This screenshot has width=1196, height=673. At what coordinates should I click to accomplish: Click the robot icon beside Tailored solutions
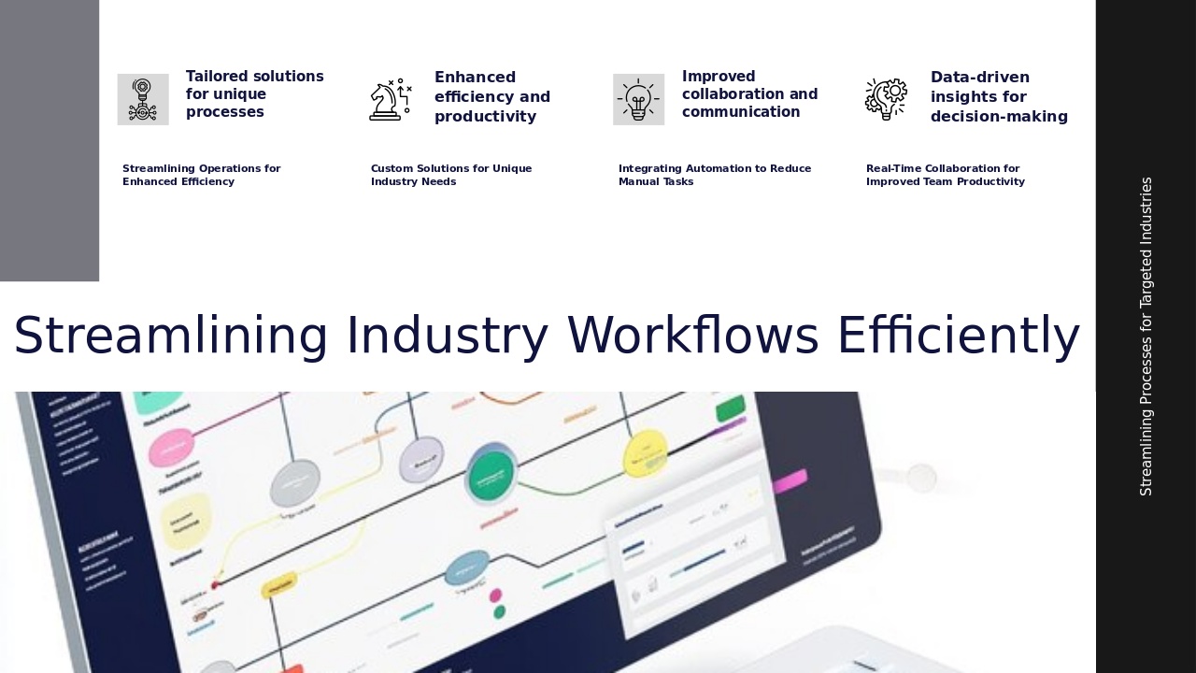[x=142, y=99]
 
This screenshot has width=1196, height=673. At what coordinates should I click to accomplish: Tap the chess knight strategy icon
[x=390, y=99]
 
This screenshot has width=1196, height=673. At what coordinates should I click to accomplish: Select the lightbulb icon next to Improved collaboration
[x=638, y=99]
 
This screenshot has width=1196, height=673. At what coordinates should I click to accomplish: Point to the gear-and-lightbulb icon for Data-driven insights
[x=886, y=99]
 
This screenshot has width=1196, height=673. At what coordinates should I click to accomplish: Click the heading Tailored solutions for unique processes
[x=254, y=94]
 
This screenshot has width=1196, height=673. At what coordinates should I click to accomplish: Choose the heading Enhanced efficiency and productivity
[x=491, y=96]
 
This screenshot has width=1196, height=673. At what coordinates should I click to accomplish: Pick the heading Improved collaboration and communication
[x=749, y=94]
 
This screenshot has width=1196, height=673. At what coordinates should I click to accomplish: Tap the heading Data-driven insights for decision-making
[x=998, y=96]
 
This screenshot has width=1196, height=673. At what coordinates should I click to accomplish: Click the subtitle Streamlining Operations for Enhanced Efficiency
[x=201, y=175]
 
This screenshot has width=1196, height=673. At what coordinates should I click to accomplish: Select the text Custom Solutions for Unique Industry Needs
[x=450, y=175]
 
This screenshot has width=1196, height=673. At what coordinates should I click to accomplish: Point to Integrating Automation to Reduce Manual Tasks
[x=714, y=175]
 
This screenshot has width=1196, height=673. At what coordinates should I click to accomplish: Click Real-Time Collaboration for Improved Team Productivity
[x=945, y=175]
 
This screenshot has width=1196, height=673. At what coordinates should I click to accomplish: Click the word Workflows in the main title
[x=692, y=336]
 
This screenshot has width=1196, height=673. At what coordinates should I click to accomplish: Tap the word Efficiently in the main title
[x=958, y=336]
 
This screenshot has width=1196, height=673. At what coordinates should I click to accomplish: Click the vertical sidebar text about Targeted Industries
[x=1146, y=336]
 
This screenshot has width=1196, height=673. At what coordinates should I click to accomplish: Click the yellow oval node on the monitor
[x=645, y=452]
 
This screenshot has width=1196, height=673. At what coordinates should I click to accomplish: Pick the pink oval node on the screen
[x=171, y=447]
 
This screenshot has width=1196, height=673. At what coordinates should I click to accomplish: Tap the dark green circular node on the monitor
[x=492, y=472]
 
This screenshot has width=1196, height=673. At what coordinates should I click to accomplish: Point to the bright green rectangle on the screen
[x=730, y=409]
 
